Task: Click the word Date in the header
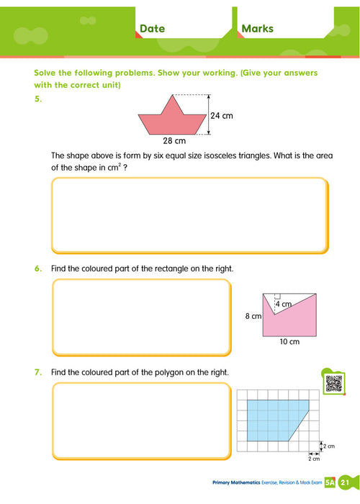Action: coord(152,29)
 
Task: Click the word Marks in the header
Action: coord(257,29)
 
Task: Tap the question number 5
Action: coord(38,100)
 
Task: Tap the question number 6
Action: coord(38,269)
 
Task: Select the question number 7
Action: coord(38,372)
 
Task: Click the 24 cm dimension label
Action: coord(222,115)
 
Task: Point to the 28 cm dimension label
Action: coord(174,141)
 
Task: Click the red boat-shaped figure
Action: coord(173,122)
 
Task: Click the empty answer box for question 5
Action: coord(189,213)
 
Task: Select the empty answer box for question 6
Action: coord(141,317)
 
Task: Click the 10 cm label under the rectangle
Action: coord(289,342)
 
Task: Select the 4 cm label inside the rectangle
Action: coord(286,305)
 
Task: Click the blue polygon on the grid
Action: coord(274,419)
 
